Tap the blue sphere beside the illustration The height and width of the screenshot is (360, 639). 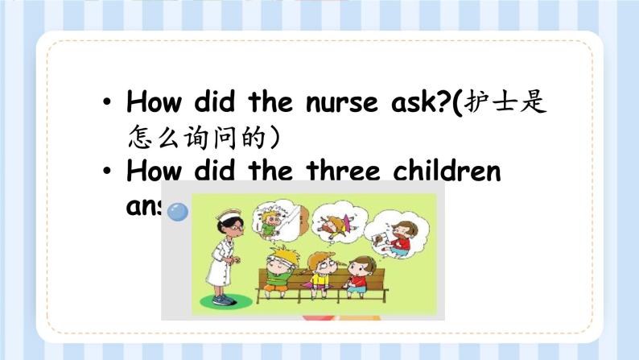tap(177, 211)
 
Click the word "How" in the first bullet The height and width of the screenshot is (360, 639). tap(155, 103)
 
